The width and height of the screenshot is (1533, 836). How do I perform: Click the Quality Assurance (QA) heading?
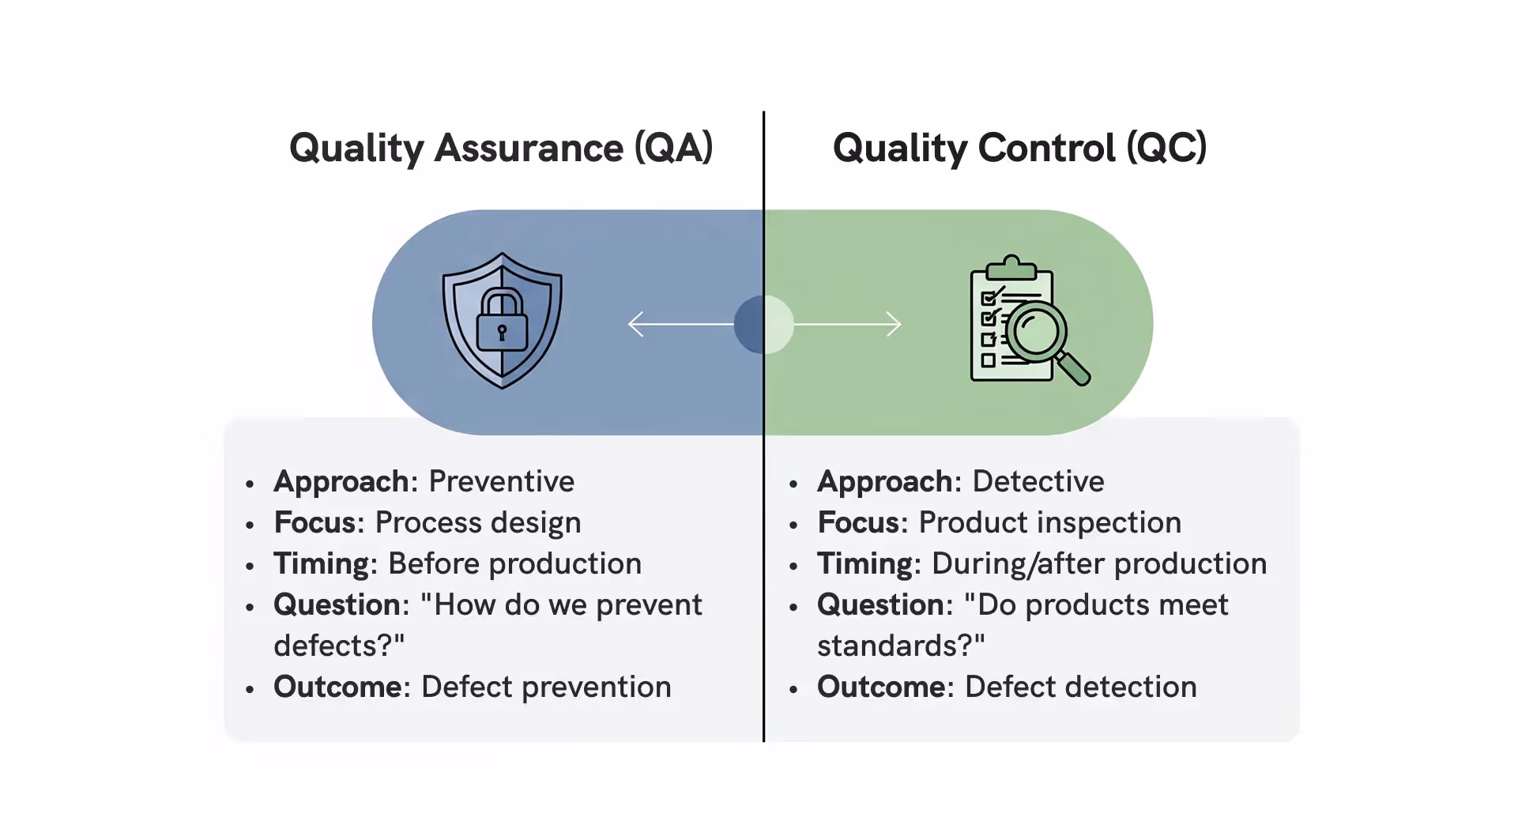(x=501, y=149)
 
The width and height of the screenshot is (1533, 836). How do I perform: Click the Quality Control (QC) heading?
(x=1019, y=149)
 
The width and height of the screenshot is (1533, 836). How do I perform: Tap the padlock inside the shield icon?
(x=502, y=322)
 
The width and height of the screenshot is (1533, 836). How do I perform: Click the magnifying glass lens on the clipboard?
(x=1036, y=330)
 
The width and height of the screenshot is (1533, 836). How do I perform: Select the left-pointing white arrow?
(x=680, y=324)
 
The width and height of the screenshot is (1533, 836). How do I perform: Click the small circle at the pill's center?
(x=763, y=324)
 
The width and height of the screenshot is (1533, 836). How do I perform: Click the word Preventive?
(x=501, y=481)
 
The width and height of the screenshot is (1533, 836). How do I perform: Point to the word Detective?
(x=1038, y=481)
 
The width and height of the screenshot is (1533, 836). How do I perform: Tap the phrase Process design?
(x=477, y=523)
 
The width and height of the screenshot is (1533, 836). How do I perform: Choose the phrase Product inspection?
(x=1049, y=523)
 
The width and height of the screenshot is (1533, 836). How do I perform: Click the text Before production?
(x=514, y=564)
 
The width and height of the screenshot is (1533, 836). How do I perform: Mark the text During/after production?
(x=1098, y=564)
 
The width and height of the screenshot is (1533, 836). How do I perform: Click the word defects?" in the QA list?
(x=339, y=646)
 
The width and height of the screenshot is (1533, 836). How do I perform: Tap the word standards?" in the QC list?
(x=901, y=646)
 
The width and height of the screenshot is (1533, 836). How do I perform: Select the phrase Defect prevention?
(x=546, y=687)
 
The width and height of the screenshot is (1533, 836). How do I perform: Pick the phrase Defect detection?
(x=1080, y=687)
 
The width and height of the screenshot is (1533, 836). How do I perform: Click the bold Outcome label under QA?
(x=337, y=687)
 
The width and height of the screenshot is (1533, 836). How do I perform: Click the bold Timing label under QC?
(x=864, y=564)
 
